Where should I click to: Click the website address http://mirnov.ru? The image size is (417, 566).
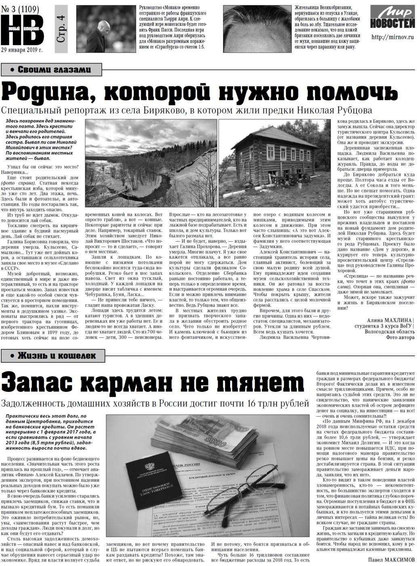pos(392,37)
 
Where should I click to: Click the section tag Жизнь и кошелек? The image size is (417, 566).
pos(53,356)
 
